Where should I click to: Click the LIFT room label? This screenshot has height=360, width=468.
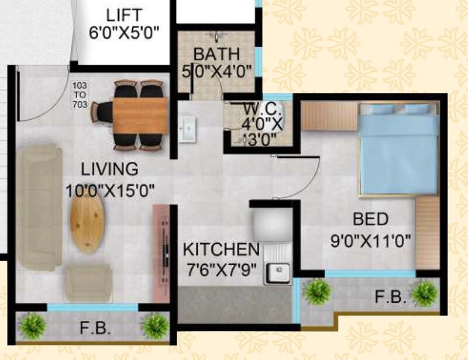click(x=123, y=15)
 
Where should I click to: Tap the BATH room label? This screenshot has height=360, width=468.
click(x=216, y=54)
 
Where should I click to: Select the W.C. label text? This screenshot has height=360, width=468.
click(x=256, y=109)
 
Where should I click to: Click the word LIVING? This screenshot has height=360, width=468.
click(x=109, y=169)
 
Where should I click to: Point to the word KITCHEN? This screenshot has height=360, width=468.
click(x=221, y=250)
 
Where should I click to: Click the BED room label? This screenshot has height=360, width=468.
click(x=370, y=220)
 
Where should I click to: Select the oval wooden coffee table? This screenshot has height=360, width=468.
click(x=87, y=220)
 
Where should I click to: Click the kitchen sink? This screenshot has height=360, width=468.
click(x=278, y=272)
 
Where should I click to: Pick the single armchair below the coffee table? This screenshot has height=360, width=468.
click(x=88, y=282)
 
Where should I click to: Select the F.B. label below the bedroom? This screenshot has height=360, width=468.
click(x=391, y=297)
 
